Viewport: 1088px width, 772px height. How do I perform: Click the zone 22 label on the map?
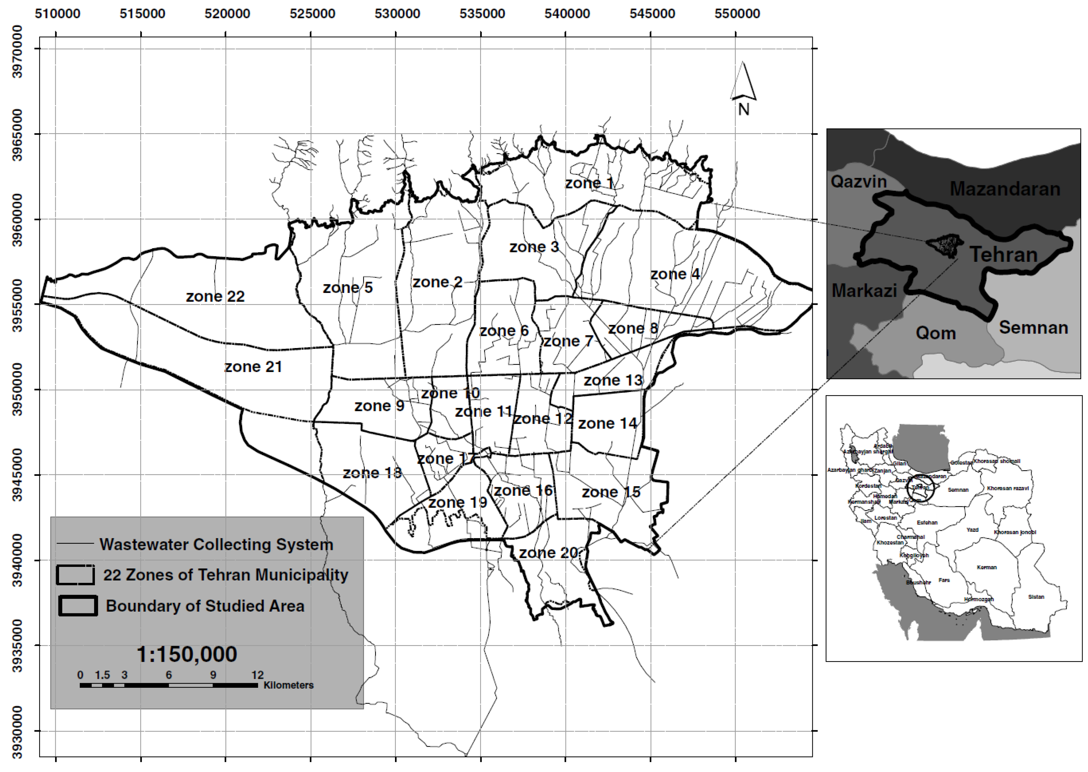click(x=215, y=297)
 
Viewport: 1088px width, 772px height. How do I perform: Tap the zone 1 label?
click(x=589, y=183)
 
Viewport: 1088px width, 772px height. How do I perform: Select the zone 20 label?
click(x=548, y=553)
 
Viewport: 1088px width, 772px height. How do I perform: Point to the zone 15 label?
click(x=611, y=492)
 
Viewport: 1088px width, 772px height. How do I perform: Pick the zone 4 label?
click(x=675, y=274)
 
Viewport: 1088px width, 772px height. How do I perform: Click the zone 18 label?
click(x=372, y=473)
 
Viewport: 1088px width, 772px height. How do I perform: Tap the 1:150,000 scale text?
click(x=187, y=655)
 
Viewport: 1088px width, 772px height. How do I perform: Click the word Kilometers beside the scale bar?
click(x=289, y=685)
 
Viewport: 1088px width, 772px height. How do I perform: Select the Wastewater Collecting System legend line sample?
click(x=75, y=544)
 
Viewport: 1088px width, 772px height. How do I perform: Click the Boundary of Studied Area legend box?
click(x=78, y=606)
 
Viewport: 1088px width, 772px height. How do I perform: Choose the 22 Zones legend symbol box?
click(x=75, y=575)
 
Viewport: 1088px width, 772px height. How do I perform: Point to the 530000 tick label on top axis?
click(x=397, y=13)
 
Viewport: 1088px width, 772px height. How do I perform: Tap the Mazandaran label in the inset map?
click(x=1005, y=189)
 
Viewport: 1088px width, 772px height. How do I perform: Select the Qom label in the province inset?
click(x=935, y=333)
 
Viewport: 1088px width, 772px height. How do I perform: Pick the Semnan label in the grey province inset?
click(x=1033, y=328)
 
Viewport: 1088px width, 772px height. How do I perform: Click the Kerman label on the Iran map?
click(x=987, y=567)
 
